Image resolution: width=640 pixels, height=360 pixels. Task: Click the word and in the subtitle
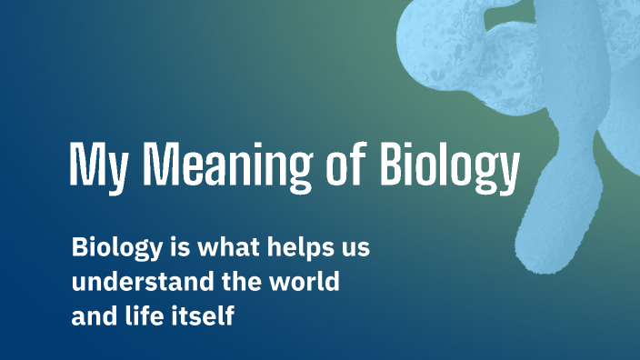click(x=93, y=315)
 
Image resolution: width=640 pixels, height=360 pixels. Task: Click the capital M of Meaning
click(x=160, y=165)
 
